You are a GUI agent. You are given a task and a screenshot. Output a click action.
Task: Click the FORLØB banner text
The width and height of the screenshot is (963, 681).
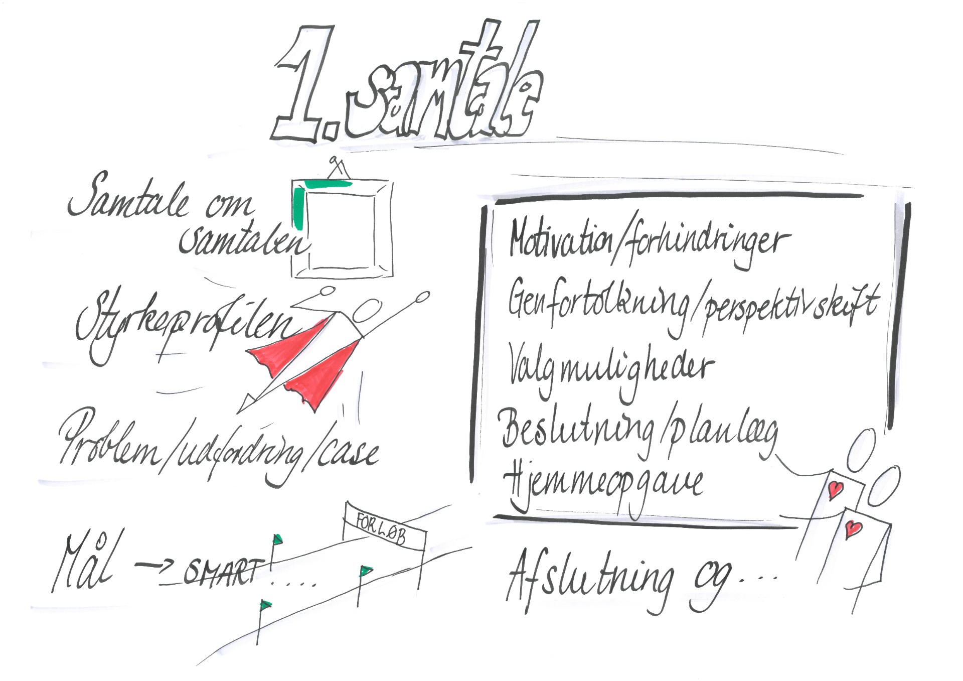(x=381, y=528)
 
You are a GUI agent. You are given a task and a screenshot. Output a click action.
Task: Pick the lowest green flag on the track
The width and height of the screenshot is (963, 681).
(x=265, y=605)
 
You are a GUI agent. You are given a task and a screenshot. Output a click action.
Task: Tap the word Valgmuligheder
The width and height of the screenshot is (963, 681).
(x=609, y=369)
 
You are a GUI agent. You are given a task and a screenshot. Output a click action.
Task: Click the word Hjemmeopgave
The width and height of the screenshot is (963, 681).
(x=602, y=484)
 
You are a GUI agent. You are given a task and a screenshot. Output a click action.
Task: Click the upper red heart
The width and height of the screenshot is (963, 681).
(x=835, y=489)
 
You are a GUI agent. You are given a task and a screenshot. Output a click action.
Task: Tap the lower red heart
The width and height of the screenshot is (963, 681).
(x=853, y=528)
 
